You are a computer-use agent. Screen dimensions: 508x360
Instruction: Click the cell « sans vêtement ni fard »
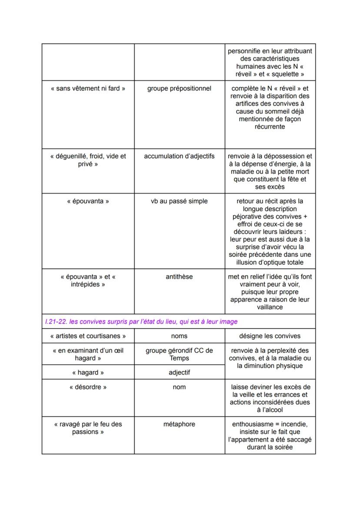[88, 89]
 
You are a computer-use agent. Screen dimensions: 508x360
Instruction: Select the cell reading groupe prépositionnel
[179, 89]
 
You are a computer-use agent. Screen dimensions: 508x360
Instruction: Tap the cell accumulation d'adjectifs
[179, 156]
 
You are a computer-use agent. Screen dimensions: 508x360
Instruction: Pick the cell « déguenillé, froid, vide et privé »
[88, 160]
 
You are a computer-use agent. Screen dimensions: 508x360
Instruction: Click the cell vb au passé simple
[179, 201]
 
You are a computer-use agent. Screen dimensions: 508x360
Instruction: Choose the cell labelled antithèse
[179, 276]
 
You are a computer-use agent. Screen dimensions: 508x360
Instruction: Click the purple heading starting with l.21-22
[141, 322]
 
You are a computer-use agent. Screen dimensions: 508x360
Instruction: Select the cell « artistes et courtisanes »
[88, 336]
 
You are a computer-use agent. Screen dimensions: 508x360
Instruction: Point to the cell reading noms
[179, 336]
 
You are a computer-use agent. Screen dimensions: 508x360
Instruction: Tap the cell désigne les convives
[270, 336]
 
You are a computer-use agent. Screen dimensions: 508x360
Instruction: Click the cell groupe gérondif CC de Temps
[179, 354]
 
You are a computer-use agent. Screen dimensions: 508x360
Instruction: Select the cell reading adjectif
[179, 372]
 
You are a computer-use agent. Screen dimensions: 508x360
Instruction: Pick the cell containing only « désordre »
[88, 387]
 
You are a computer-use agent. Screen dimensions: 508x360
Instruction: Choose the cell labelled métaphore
[179, 424]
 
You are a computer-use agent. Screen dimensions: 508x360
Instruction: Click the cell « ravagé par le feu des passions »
[88, 428]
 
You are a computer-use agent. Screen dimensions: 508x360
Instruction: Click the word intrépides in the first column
[88, 284]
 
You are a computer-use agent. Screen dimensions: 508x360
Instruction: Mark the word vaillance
[270, 307]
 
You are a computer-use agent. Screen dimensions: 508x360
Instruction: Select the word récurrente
[270, 126]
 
